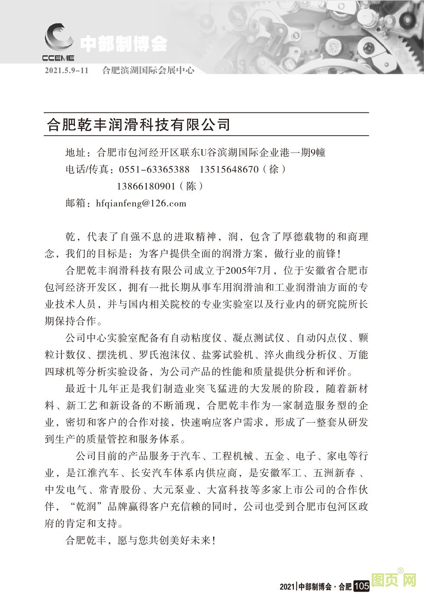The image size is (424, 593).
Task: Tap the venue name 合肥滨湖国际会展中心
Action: pos(148,70)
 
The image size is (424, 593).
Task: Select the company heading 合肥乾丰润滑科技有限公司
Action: pos(137,125)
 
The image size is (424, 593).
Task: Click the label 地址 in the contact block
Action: pos(75,153)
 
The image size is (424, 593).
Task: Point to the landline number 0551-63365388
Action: pos(151,169)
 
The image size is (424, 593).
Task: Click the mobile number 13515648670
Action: pos(229,169)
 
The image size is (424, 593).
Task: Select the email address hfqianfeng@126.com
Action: pos(141,203)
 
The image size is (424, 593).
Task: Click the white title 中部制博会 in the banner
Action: pos(123,44)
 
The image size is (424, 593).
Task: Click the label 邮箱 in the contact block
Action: pos(75,203)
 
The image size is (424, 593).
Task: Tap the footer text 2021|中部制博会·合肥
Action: pos(315,587)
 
